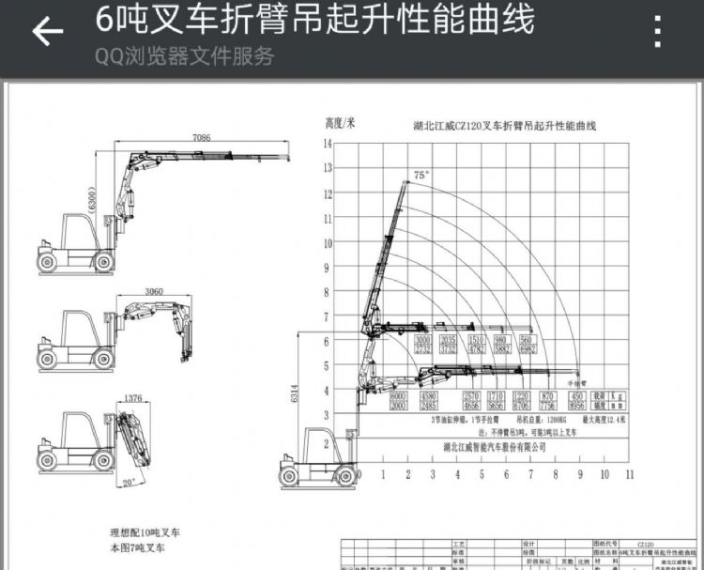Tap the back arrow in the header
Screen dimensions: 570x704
[x=46, y=32]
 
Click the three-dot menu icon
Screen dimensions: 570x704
[x=658, y=31]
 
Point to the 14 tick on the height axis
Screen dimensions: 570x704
[x=328, y=144]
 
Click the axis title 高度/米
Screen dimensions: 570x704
[x=340, y=122]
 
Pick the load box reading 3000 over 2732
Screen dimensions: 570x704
[x=422, y=345]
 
